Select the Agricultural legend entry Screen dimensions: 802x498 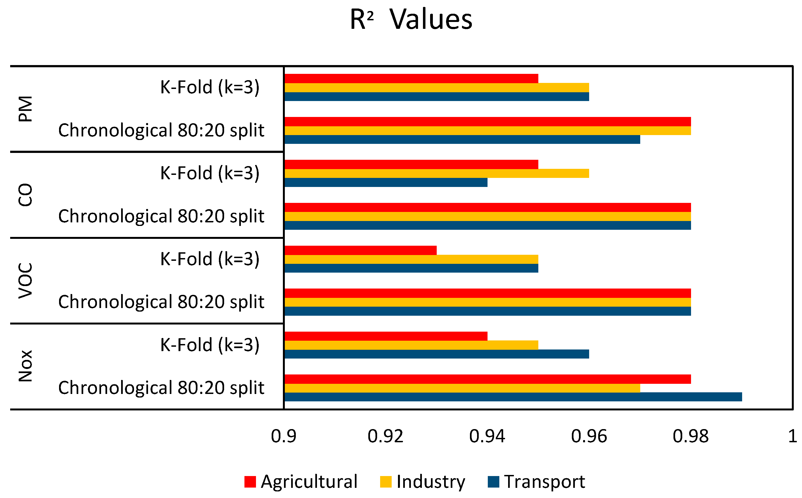(301, 482)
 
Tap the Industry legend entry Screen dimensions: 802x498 (422, 482)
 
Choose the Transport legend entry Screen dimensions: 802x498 (536, 482)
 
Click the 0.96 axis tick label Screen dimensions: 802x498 (589, 437)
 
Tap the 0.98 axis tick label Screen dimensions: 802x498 (691, 437)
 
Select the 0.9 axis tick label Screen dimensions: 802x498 (284, 437)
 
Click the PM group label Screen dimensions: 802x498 (25, 109)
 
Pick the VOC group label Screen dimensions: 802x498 (25, 281)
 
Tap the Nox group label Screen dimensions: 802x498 (25, 366)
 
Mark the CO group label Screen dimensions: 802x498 (25, 195)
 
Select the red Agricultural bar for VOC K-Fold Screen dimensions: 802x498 (360, 250)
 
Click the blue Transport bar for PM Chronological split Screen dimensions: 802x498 (462, 139)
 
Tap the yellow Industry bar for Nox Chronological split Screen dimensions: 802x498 (462, 388)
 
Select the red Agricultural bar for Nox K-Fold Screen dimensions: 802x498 (386, 336)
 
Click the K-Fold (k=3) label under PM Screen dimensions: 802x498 (210, 88)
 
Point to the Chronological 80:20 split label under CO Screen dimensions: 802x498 (161, 216)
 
